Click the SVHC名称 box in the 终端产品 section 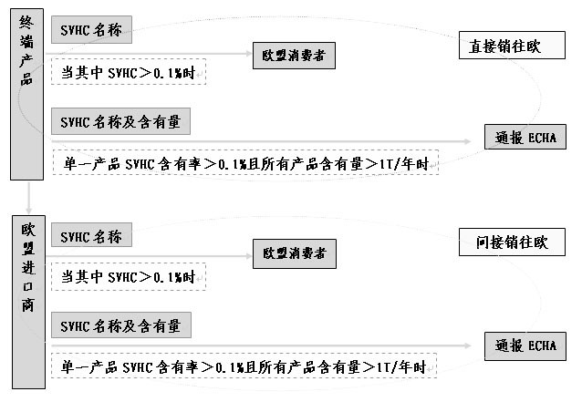click(91, 29)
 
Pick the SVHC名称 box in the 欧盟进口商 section click(91, 236)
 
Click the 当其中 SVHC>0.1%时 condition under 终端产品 click(129, 72)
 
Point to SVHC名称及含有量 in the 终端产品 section click(122, 120)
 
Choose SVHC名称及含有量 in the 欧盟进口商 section click(122, 325)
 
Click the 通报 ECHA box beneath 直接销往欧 click(526, 139)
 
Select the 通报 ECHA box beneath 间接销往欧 click(526, 345)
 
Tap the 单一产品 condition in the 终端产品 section click(245, 163)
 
